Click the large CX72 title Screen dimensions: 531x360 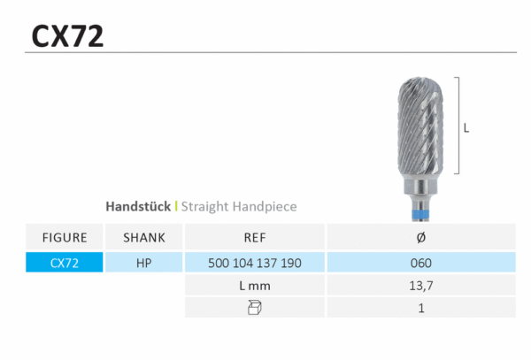pos(67,36)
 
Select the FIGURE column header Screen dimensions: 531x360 pos(65,238)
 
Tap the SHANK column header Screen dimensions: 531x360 pos(144,238)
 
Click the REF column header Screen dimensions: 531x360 pos(255,238)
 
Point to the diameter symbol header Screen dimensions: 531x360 pos(421,238)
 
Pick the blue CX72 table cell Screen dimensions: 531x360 pos(65,262)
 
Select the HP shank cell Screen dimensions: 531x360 pos(144,263)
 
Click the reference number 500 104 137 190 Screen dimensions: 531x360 pos(255,263)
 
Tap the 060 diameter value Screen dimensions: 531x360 pos(421,263)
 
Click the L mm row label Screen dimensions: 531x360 pos(255,286)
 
